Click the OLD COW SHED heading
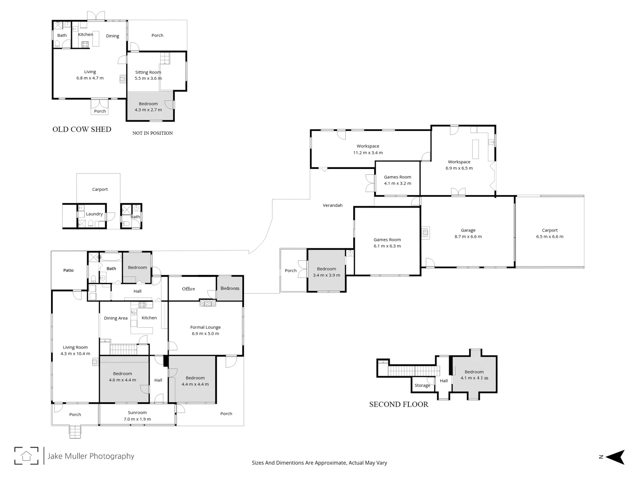(82, 130)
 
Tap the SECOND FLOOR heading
(398, 404)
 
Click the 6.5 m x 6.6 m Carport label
(549, 233)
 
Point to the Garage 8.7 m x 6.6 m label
(468, 233)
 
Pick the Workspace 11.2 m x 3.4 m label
(368, 149)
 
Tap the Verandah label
(332, 205)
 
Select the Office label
(188, 289)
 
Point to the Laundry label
(94, 214)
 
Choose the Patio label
(68, 271)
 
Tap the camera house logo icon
(26, 455)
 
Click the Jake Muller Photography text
(91, 456)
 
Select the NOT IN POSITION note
(152, 133)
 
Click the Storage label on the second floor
(422, 385)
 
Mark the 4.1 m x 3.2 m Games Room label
(397, 180)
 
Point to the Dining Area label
(115, 318)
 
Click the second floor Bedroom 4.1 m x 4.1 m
(474, 375)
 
